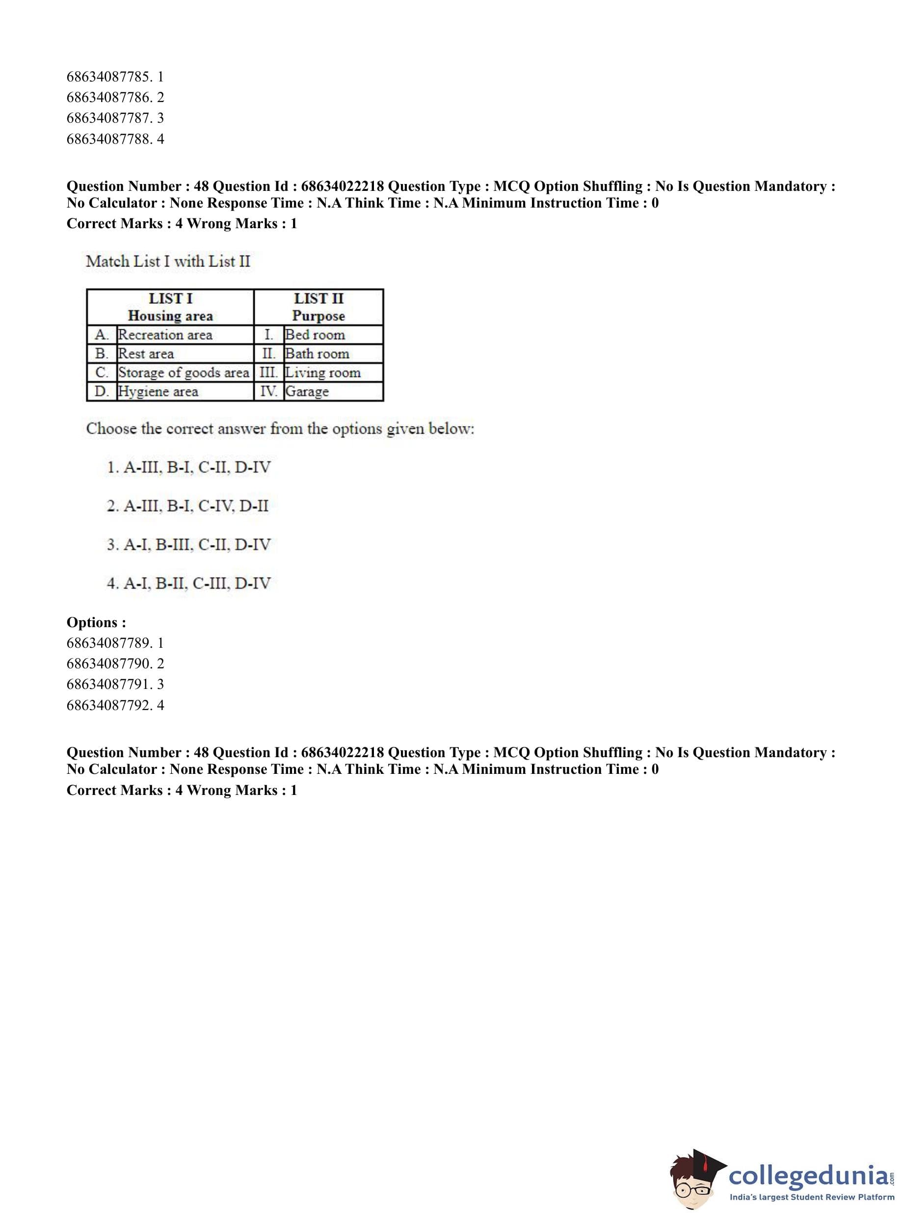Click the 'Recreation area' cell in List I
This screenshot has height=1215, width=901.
pos(165,335)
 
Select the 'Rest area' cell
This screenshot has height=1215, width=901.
pos(146,354)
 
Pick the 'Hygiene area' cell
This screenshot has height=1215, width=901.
pos(158,392)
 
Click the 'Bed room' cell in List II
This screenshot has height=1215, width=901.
pos(315,335)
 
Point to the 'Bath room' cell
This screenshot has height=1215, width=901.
pos(317,354)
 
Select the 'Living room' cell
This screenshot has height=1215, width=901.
pos(323,372)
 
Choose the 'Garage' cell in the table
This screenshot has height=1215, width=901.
pos(307,392)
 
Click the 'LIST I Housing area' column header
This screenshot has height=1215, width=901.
pos(170,307)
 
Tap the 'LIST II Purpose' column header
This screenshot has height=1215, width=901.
pos(318,307)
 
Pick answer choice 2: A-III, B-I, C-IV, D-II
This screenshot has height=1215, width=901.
pos(187,506)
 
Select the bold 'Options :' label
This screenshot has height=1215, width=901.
pos(96,622)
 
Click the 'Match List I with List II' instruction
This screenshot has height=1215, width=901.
pos(168,261)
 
